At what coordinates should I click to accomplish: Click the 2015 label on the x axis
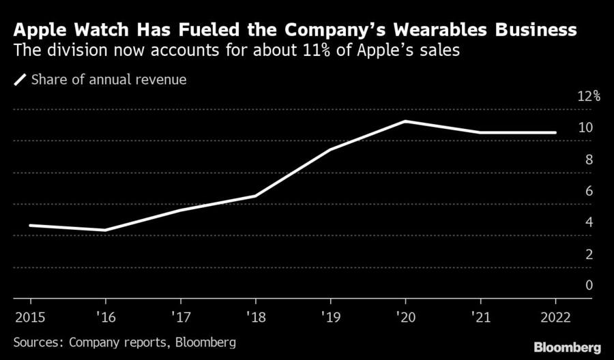point(30,317)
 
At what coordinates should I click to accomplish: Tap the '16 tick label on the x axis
point(106,317)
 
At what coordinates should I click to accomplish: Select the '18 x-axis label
point(255,317)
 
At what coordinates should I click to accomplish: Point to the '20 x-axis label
point(405,317)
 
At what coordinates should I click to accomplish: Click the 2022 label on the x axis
point(556,317)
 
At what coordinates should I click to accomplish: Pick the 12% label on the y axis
point(588,96)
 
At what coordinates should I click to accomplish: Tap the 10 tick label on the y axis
point(585,127)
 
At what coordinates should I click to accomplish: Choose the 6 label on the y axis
point(588,191)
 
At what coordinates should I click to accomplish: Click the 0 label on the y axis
point(588,285)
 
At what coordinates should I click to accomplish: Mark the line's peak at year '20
point(406,121)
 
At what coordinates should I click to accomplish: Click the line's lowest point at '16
point(106,230)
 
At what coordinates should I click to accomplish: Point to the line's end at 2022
point(555,132)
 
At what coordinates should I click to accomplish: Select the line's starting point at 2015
point(31,225)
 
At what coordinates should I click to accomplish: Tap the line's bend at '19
point(331,149)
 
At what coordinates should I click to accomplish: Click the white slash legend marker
point(19,80)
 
